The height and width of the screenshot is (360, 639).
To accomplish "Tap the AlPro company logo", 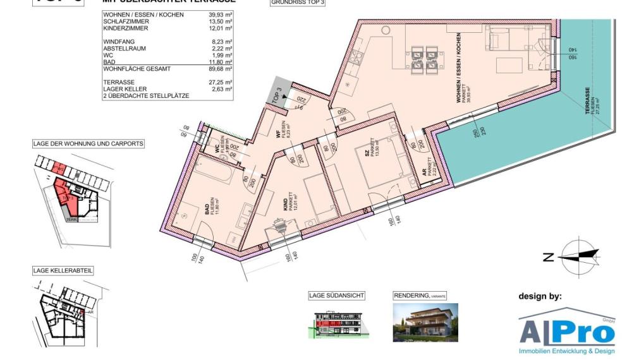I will click(x=567, y=331).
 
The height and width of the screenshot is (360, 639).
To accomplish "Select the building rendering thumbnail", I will click(x=425, y=322).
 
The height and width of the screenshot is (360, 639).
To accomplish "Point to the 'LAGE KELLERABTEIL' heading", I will click(x=63, y=270).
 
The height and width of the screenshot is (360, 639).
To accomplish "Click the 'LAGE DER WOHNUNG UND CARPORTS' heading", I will click(x=88, y=144).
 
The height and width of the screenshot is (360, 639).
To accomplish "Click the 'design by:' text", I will click(x=540, y=296).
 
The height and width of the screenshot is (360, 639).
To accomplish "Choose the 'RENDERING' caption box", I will click(x=420, y=296).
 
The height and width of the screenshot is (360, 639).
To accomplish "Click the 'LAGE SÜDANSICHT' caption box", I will click(x=336, y=296).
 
